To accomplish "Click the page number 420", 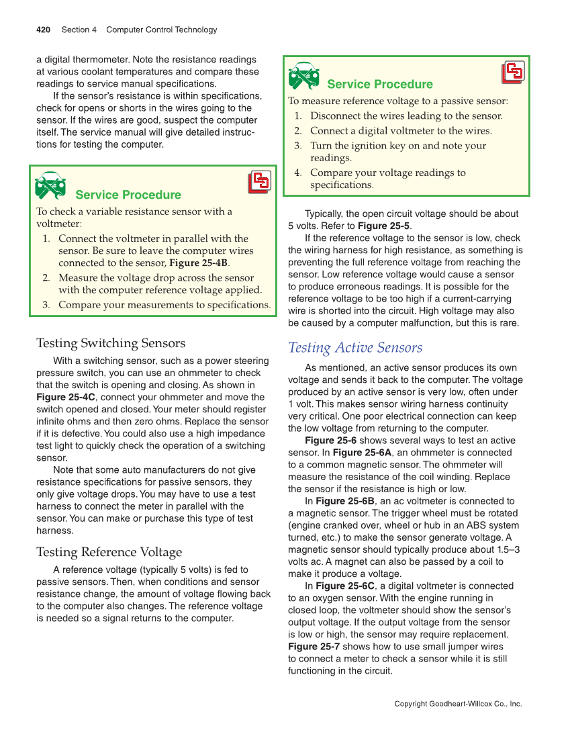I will (x=44, y=30).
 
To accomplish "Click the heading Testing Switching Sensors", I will (x=111, y=343).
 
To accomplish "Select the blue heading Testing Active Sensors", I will (x=355, y=347).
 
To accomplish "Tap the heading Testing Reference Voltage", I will (x=109, y=552).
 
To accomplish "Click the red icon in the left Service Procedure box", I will (x=259, y=182).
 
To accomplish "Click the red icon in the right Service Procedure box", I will (x=514, y=72).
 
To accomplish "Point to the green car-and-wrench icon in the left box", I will (x=50, y=186).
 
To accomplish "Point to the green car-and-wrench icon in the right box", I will (x=303, y=75).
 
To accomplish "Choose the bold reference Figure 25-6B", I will (x=345, y=500).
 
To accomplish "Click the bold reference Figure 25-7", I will (x=314, y=646).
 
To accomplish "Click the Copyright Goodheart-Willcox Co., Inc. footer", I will (x=458, y=704).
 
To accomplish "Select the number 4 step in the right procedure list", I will (x=297, y=173).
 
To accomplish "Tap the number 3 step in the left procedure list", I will (x=46, y=304).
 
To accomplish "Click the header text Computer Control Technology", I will (x=162, y=30).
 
